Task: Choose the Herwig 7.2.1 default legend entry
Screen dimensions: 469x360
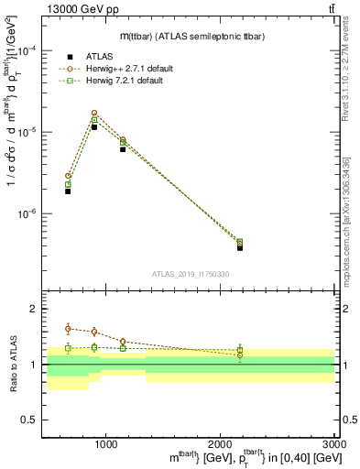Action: (108, 81)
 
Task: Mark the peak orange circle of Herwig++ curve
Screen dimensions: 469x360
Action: (94, 114)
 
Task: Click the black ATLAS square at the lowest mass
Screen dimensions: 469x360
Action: (68, 191)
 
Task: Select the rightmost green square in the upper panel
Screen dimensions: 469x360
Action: (240, 242)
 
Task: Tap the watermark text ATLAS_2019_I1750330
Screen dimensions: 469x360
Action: (191, 274)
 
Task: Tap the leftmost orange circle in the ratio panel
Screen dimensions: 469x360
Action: (68, 328)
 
